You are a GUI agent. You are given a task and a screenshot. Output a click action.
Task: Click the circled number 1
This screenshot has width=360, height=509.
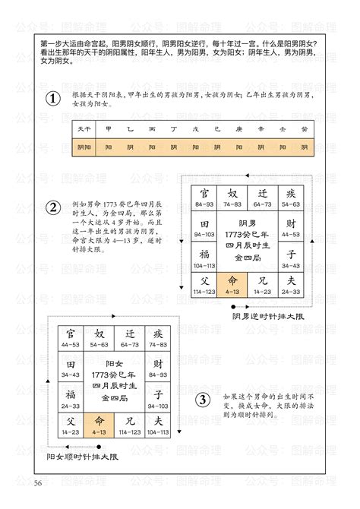52,100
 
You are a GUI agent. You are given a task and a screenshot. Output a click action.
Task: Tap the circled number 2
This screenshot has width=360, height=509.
52,208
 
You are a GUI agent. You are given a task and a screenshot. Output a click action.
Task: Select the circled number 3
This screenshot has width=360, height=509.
203,400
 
